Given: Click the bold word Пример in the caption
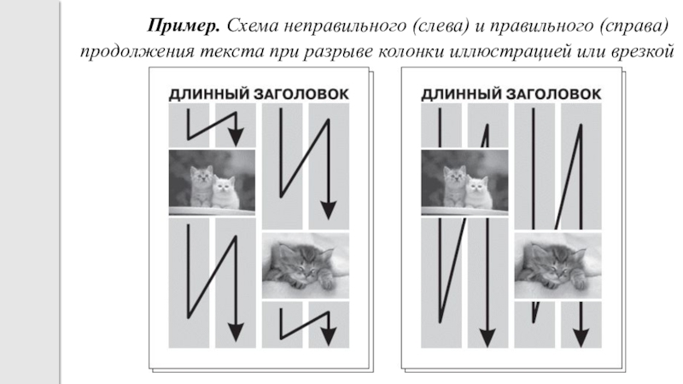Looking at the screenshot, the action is (184, 26).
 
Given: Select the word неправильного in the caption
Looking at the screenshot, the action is (345, 26).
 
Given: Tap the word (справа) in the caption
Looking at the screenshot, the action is (633, 26).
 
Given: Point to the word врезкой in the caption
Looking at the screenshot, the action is (643, 52).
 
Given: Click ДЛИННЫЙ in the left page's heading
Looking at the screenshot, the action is (209, 95).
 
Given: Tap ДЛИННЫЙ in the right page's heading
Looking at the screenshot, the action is (461, 95).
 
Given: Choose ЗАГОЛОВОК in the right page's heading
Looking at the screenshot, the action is (553, 95).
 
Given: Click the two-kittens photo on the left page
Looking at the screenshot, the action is (212, 183).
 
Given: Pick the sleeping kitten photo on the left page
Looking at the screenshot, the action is (306, 266).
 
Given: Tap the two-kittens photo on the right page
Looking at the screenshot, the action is (464, 183).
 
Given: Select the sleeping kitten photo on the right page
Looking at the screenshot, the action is (558, 266).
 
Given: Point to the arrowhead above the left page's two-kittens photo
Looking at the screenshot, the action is (236, 137).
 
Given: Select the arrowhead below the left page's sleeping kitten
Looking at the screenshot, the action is (329, 337).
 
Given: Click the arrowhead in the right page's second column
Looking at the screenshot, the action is (487, 338).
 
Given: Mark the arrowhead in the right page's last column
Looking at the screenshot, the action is (581, 338).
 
